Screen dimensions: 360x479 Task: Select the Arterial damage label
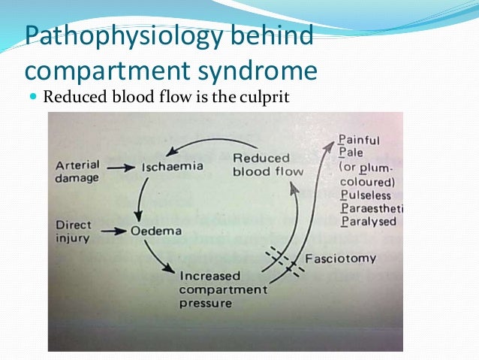[x=77, y=171]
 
